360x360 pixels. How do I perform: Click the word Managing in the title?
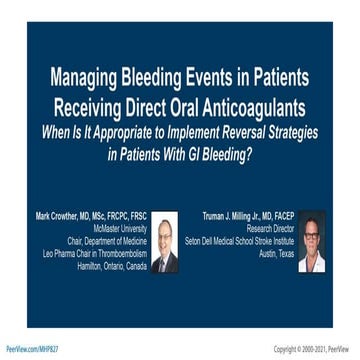pos(85,77)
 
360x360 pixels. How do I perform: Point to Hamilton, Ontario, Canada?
pos(112,266)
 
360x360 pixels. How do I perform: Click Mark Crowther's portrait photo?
pos(165,243)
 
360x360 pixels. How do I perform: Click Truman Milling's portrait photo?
pos(311,243)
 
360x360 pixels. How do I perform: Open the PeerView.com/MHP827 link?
pos(32,349)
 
